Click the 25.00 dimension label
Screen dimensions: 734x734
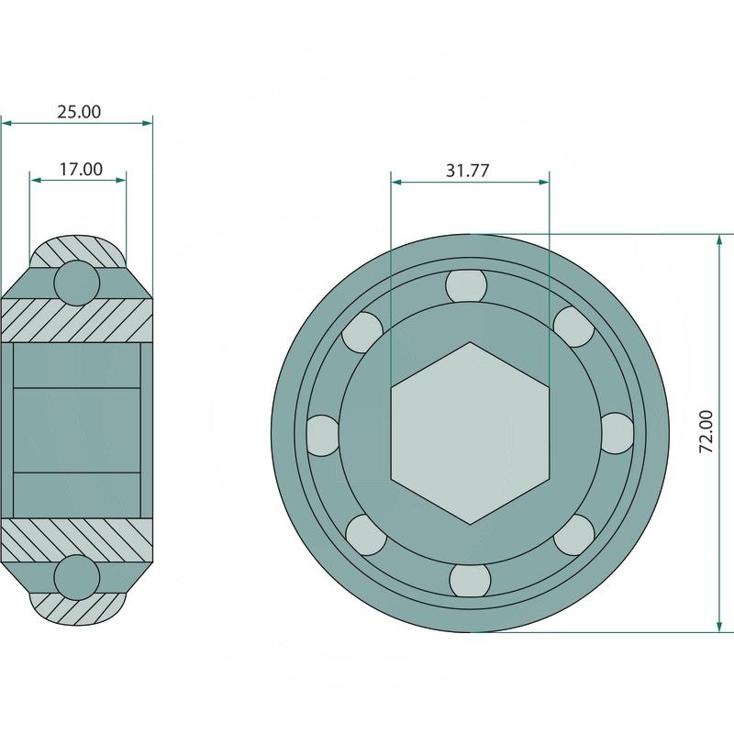pos(79,112)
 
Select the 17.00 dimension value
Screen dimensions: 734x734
pos(81,169)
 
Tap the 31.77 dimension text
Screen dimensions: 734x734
pos(467,171)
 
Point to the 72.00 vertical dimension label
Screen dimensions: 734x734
pos(706,431)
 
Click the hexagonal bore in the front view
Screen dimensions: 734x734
pos(470,433)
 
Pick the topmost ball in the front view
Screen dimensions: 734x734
pos(466,285)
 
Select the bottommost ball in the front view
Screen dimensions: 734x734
pos(470,581)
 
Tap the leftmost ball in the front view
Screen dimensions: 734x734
pos(323,435)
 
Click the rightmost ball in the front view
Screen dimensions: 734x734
pos(617,433)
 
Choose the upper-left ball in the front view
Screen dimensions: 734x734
pos(362,332)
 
